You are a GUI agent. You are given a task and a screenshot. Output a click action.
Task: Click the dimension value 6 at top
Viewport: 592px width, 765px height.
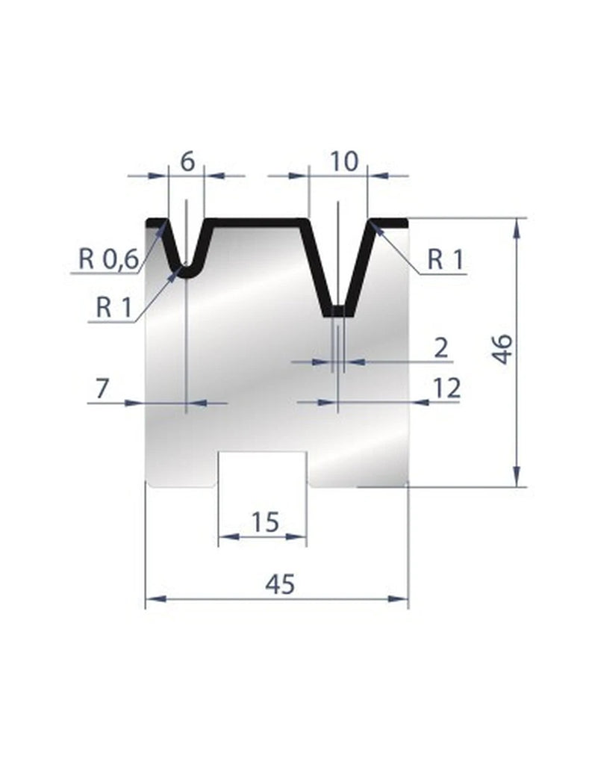coord(187,161)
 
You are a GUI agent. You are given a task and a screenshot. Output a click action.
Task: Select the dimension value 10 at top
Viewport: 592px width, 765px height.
coord(340,160)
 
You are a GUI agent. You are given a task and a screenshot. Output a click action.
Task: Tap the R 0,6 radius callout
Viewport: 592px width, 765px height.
coord(109,259)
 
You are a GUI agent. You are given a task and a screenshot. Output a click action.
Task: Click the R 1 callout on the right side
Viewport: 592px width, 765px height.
coord(446,259)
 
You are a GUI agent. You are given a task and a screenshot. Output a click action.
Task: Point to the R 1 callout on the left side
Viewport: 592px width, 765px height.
coord(113,306)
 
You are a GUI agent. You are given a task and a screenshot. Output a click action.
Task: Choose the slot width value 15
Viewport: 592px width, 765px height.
coord(263,521)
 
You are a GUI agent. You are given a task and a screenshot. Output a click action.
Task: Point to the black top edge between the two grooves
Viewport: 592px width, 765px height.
coord(254,222)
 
